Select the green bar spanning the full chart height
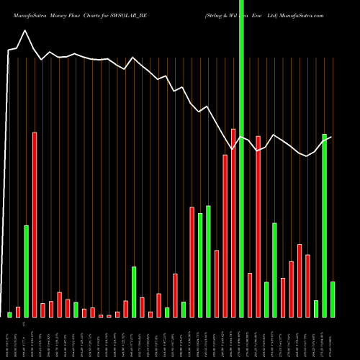tap(242, 158)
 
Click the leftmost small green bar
tap(9, 315)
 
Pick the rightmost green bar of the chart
tap(333, 300)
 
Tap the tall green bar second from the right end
tap(325, 225)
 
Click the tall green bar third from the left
tap(27, 271)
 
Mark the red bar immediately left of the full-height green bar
tap(233, 222)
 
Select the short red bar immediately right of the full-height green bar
tap(250, 295)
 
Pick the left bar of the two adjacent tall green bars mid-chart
tap(200, 265)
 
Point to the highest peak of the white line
tap(26, 31)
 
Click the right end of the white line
tap(333, 137)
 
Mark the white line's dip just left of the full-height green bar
tap(232, 149)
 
